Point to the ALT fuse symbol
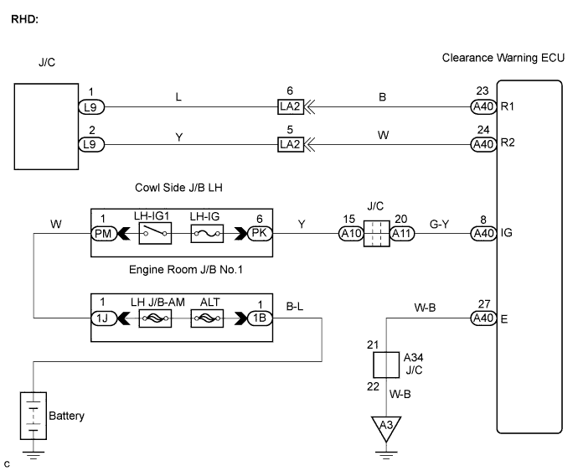click(x=205, y=319)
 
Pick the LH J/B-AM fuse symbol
click(x=155, y=319)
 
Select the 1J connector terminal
click(x=102, y=319)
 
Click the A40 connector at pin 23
click(x=481, y=108)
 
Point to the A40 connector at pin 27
click(x=481, y=319)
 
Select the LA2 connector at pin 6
click(x=289, y=108)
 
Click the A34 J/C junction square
click(x=385, y=364)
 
